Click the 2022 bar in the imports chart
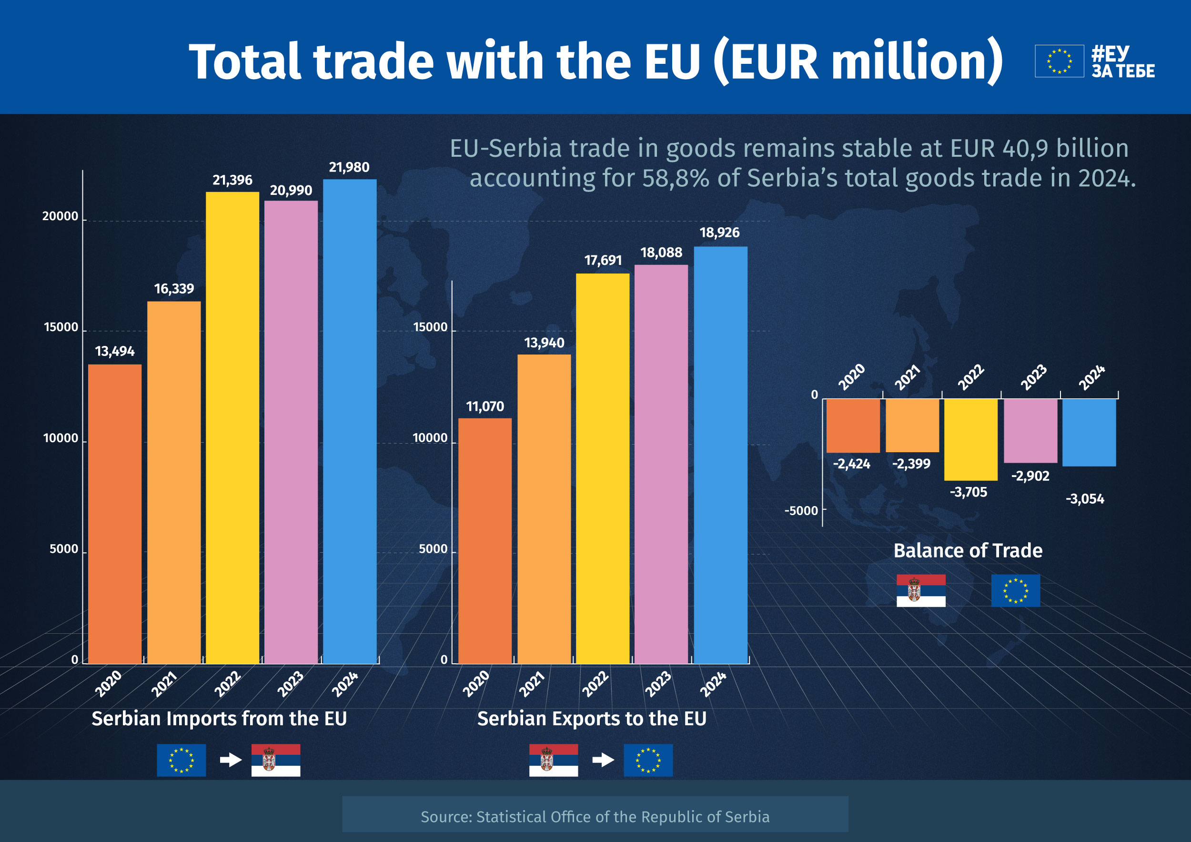click(x=232, y=428)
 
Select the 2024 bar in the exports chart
click(x=720, y=455)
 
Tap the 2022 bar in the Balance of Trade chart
click(x=970, y=439)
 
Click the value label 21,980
click(x=349, y=168)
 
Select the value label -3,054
click(x=1085, y=499)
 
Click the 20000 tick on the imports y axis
click(x=60, y=216)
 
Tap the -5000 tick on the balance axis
click(x=801, y=511)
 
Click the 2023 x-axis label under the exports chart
click(x=658, y=684)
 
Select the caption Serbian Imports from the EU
click(x=219, y=719)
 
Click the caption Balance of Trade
click(x=968, y=551)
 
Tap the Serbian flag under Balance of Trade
click(x=921, y=591)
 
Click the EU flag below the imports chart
click(x=181, y=760)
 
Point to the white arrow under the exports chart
click(x=603, y=761)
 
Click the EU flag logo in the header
click(x=1059, y=61)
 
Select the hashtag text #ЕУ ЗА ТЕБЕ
click(x=1122, y=61)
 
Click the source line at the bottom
click(x=595, y=817)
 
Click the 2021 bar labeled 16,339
click(x=174, y=483)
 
